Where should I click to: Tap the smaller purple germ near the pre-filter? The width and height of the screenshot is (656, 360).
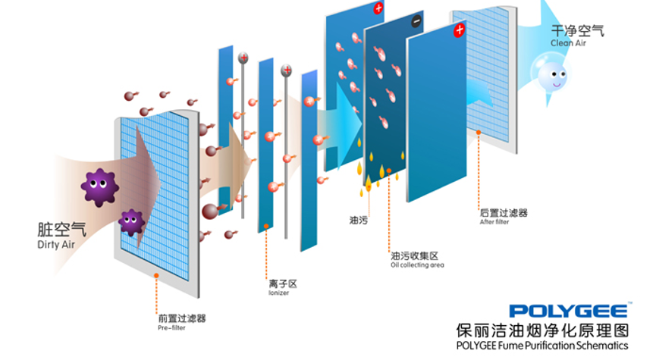[132, 221]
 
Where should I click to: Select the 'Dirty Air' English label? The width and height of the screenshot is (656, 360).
[58, 244]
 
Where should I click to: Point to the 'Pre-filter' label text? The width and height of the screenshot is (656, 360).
[171, 328]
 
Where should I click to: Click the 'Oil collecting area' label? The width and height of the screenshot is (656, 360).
[417, 265]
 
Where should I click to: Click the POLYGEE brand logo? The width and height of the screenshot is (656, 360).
[569, 311]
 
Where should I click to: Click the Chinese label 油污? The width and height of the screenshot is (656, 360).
[359, 221]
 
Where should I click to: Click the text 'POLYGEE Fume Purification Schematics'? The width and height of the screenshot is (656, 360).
[542, 346]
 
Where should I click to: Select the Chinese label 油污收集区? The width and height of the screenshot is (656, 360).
[414, 255]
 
